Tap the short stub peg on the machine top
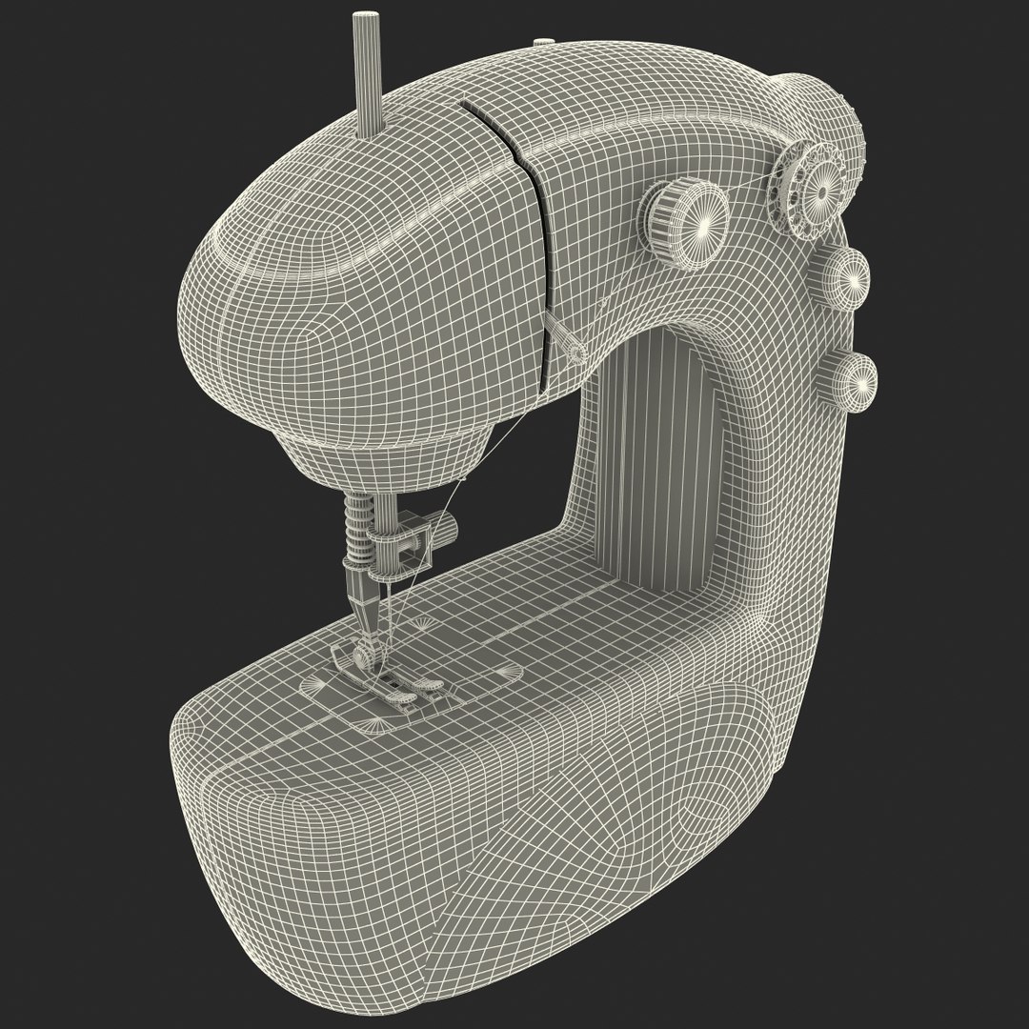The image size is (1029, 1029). coord(542,42)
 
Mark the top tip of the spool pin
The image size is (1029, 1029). coord(363,17)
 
